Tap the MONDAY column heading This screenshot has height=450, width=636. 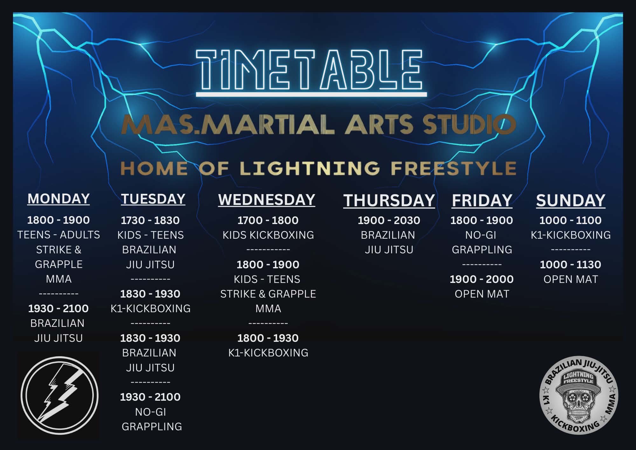(x=59, y=199)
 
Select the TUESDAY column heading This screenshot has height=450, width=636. (x=153, y=199)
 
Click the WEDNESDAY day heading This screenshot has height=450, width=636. (x=266, y=200)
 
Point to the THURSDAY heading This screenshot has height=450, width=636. (x=389, y=200)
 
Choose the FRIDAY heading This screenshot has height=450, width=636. (x=482, y=200)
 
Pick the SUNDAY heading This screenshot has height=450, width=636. (x=570, y=200)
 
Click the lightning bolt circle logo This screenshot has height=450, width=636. (x=59, y=395)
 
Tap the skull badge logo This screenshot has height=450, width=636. (x=579, y=395)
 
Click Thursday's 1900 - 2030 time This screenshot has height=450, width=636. (x=389, y=220)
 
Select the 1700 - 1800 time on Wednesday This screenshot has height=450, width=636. (x=268, y=220)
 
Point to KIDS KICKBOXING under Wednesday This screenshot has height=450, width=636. (x=268, y=235)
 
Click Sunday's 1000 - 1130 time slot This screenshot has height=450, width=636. (x=570, y=264)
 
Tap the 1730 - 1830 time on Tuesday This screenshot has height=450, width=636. (x=150, y=220)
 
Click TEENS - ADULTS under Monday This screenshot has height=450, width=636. (x=59, y=235)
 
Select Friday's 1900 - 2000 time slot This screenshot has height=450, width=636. (x=481, y=279)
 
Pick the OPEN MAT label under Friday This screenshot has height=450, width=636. (x=482, y=294)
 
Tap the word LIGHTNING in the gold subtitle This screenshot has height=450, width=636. (x=310, y=168)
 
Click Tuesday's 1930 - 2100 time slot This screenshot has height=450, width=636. (x=150, y=397)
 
